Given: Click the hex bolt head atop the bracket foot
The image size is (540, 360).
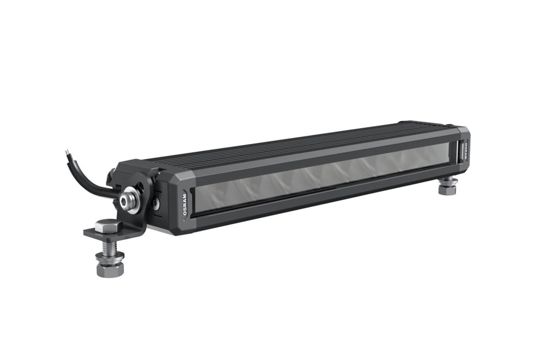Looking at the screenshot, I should point(105,227).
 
